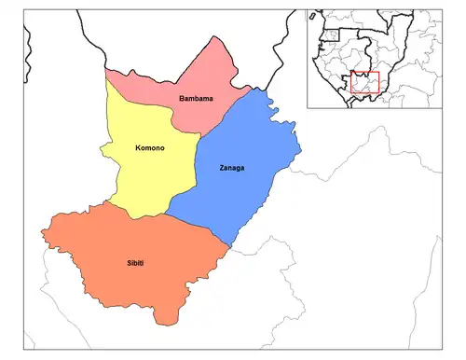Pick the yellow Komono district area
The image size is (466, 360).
coord(140,177)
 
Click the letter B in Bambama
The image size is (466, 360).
coord(182,96)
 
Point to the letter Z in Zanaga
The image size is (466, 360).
coord(199,168)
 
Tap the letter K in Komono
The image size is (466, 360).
coord(112,146)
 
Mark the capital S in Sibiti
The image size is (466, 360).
coord(123,264)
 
